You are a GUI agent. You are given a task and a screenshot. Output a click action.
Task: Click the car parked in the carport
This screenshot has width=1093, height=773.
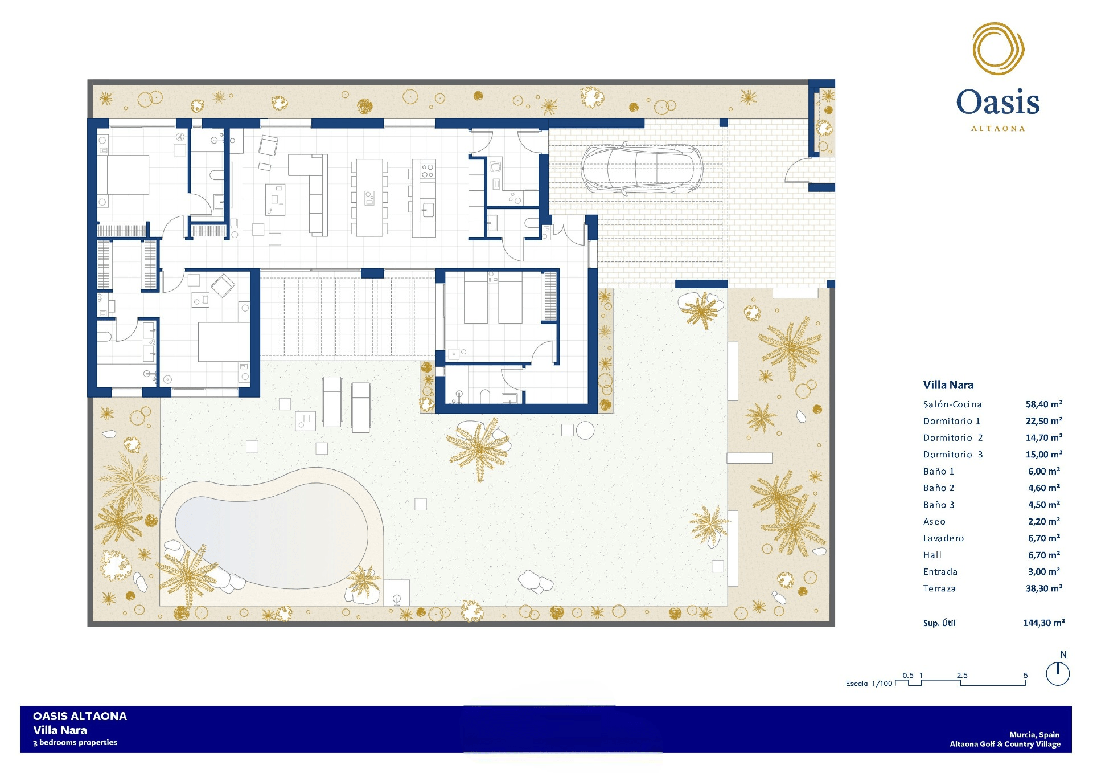tap(642, 168)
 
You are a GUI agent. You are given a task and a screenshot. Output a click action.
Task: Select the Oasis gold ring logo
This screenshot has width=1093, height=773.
tap(998, 49)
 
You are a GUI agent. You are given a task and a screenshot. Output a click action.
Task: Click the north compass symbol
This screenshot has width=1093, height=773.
tap(1058, 674)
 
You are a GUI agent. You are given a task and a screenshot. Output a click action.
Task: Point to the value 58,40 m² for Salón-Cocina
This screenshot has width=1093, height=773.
tap(1044, 404)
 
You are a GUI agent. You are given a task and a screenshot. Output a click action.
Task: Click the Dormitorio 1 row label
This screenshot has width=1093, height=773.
tap(952, 421)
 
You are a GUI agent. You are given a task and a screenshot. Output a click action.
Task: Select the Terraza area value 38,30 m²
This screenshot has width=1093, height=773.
tap(1044, 588)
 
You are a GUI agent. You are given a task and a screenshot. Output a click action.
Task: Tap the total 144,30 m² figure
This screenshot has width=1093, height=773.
tap(1044, 623)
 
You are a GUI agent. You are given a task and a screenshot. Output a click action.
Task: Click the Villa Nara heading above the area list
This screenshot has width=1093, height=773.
tap(948, 385)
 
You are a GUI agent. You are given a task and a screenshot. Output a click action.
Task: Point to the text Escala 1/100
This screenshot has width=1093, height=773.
tap(869, 684)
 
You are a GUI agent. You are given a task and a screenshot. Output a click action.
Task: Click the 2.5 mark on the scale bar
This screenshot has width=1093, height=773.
tap(962, 676)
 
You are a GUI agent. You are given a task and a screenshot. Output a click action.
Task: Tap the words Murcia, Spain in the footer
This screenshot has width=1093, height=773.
tap(1034, 735)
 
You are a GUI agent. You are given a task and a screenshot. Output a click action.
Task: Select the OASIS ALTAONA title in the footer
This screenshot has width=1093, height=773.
tap(80, 716)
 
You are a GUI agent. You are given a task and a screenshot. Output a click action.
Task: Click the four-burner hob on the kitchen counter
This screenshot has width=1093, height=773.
tap(428, 170)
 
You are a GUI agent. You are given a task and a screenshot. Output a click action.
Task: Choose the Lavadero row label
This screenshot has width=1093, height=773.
tap(943, 538)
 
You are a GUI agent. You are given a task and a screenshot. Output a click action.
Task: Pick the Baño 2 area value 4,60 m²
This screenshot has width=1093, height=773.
tap(1044, 488)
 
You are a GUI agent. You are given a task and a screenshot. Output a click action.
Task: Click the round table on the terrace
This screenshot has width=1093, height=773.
tap(585, 430)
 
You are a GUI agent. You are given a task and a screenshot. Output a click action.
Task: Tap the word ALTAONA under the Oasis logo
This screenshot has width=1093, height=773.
tap(998, 129)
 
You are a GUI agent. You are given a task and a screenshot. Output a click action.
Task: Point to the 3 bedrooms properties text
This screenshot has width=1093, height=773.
tap(75, 742)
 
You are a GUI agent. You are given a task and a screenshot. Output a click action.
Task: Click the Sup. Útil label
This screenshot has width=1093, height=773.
tap(939, 623)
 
